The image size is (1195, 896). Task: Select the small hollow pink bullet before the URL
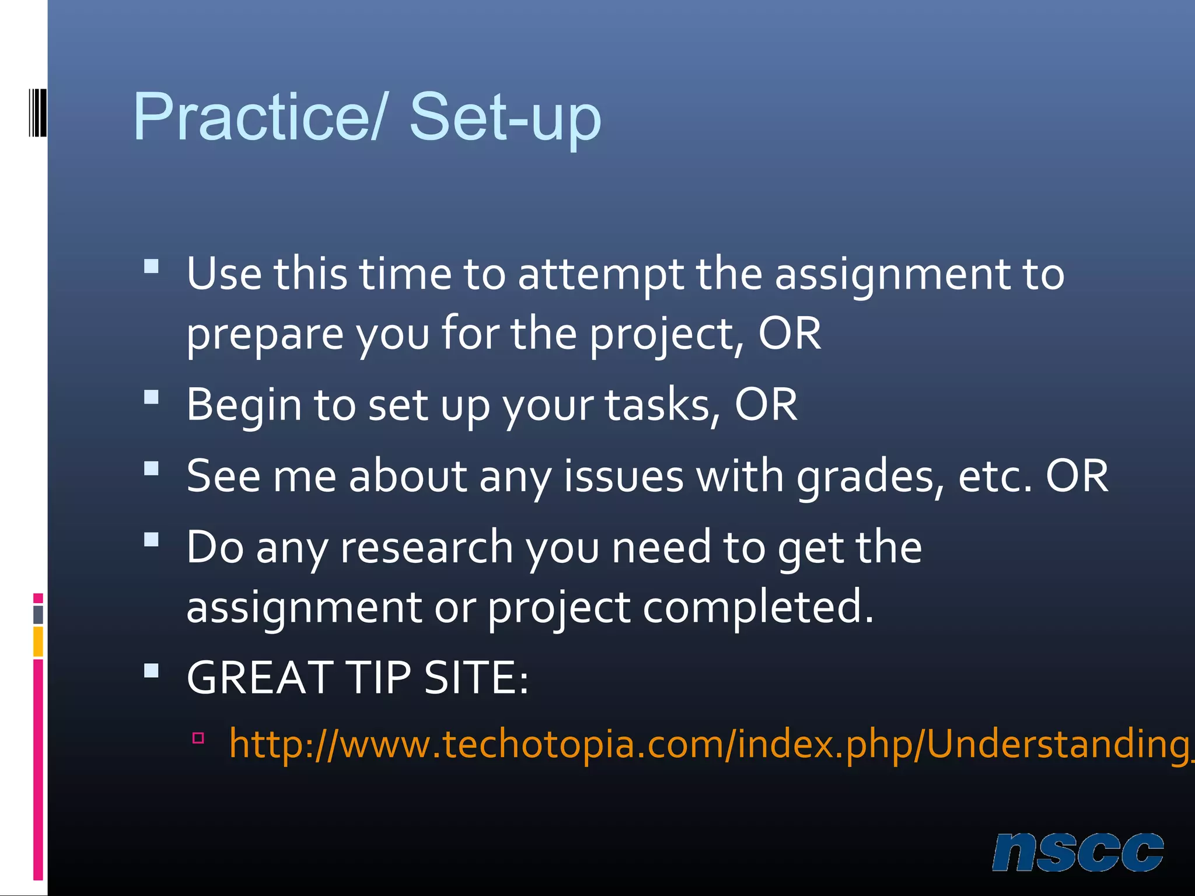[198, 738]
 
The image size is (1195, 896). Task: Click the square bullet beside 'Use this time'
[152, 267]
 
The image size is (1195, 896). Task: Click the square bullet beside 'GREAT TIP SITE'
[152, 671]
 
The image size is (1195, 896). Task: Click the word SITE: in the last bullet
[476, 678]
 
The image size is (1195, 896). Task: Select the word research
[427, 548]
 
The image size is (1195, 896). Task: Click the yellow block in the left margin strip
[38, 641]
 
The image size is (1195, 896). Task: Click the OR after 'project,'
[789, 334]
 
